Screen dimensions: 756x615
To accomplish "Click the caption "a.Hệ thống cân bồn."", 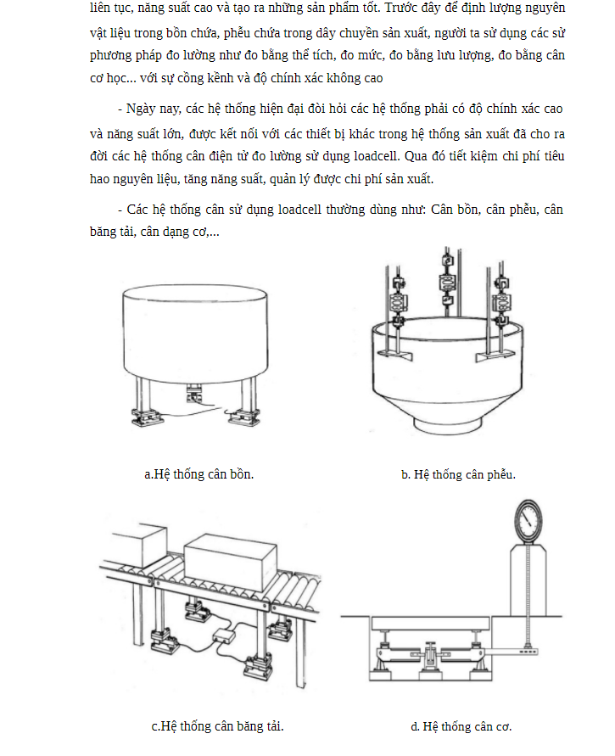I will click(x=199, y=474).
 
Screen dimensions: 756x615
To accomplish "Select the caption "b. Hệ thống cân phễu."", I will click(x=458, y=474).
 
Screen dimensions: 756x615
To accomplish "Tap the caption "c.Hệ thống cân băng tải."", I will click(x=217, y=726).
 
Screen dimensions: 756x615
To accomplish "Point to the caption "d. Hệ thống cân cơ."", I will click(x=461, y=726).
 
